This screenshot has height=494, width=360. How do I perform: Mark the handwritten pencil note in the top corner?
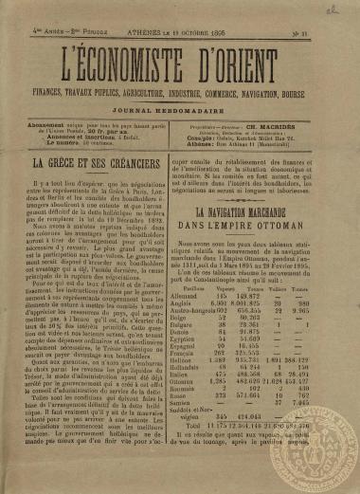[333, 7]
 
